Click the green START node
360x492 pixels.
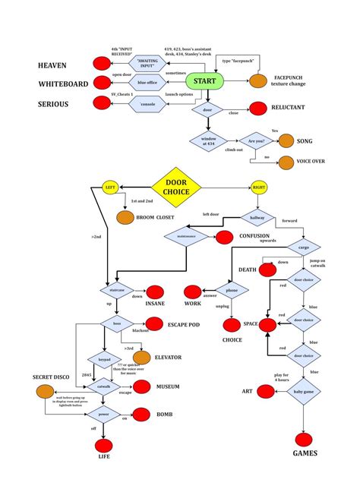(204, 81)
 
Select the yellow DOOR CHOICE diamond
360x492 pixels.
(175, 186)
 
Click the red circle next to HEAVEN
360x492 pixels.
(103, 64)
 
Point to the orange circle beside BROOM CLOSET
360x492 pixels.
(125, 218)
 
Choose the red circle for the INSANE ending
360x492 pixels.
(154, 292)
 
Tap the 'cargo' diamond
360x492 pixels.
(304, 248)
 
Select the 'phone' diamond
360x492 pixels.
(233, 291)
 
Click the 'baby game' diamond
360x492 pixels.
(304, 392)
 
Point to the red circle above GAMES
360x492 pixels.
(305, 439)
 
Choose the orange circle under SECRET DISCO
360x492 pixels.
(45, 392)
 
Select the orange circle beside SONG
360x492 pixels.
(286, 140)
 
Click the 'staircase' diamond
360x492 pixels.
(112, 290)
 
